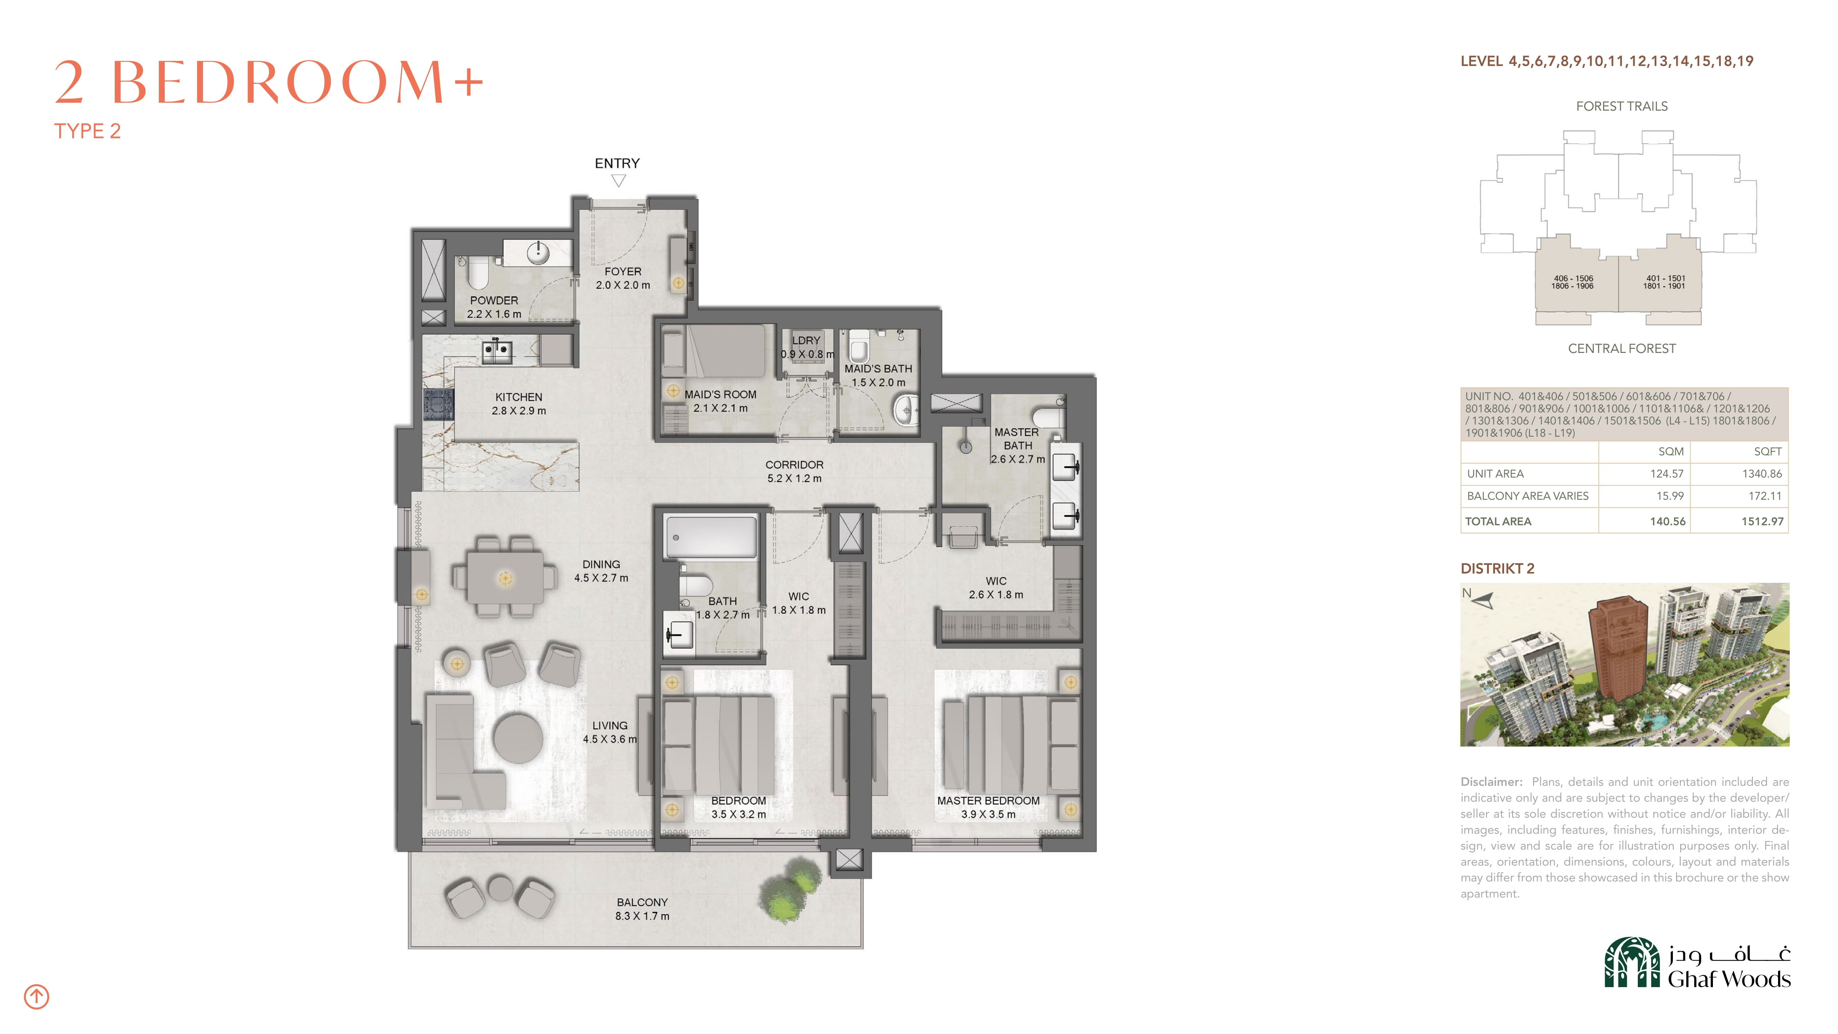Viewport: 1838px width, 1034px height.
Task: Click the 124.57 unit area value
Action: tap(1667, 474)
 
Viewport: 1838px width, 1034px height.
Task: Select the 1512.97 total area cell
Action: tap(1763, 521)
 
